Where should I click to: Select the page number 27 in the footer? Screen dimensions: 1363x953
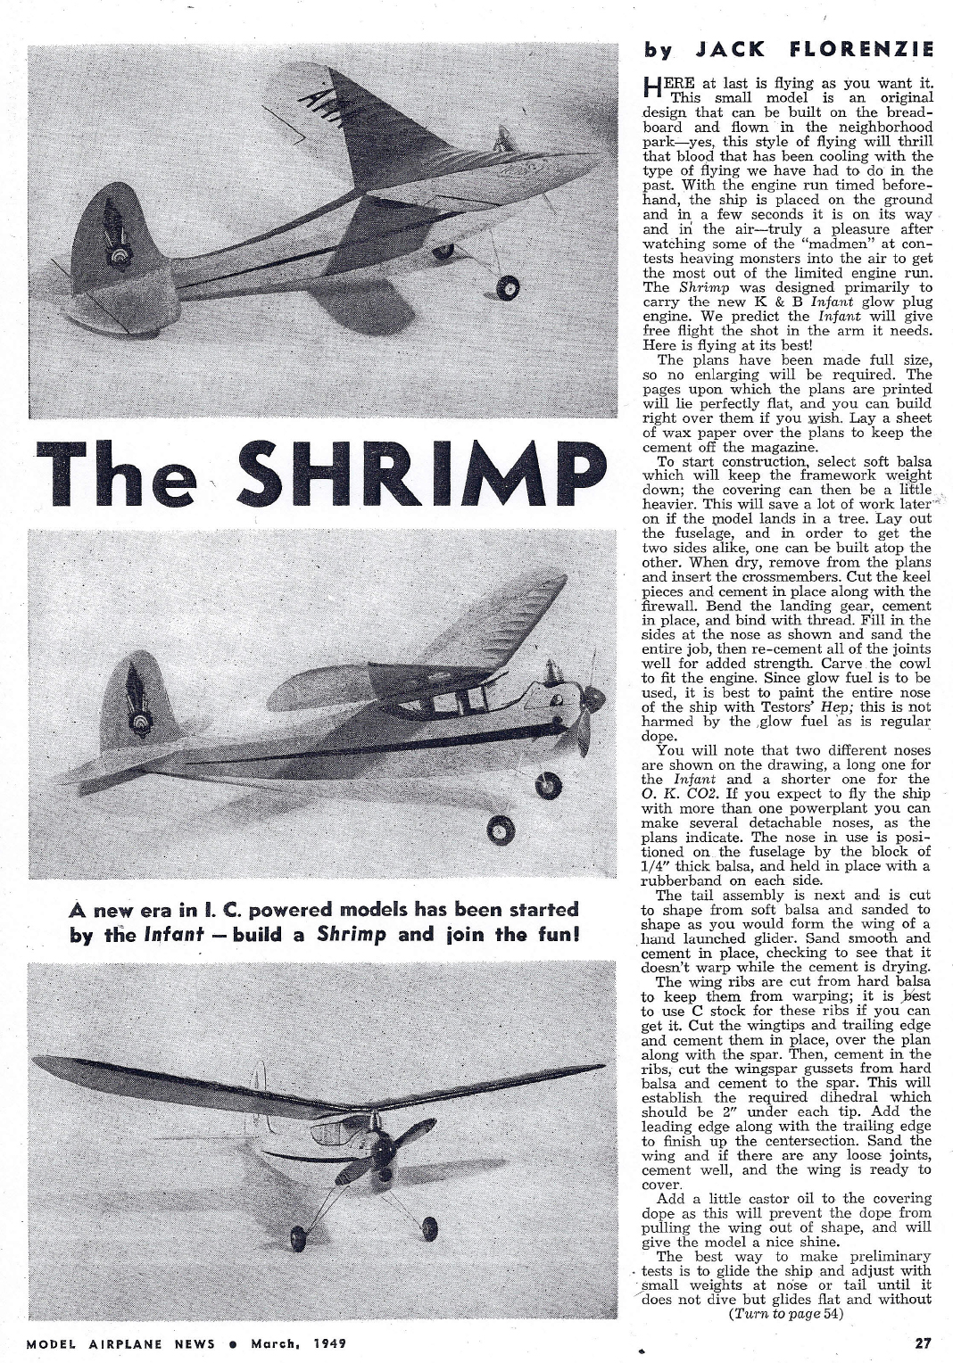[x=924, y=1341]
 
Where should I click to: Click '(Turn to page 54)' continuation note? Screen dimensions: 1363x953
[x=786, y=1313]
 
